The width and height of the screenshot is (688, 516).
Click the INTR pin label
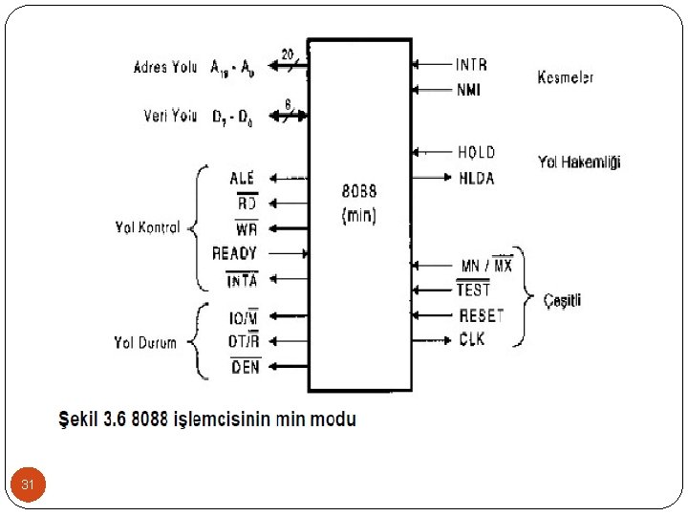(471, 65)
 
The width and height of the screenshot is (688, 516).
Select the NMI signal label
(468, 91)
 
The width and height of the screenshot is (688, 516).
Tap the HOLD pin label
(476, 152)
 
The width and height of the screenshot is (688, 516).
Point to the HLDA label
(477, 178)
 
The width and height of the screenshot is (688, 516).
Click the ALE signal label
(243, 178)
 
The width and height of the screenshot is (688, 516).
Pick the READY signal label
(235, 253)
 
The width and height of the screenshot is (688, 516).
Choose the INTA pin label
(241, 280)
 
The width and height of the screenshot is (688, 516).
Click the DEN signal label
(245, 366)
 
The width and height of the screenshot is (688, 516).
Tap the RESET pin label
(481, 315)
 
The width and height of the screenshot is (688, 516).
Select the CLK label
(472, 340)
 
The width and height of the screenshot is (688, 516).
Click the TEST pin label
(473, 290)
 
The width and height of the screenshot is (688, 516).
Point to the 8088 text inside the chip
(359, 189)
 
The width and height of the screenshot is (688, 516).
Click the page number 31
(29, 486)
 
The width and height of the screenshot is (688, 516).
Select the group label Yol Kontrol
(146, 228)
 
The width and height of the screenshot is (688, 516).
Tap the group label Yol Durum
(145, 342)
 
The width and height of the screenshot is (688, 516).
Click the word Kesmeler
(565, 77)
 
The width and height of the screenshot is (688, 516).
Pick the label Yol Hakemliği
(579, 163)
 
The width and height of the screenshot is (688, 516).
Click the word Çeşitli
(562, 300)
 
